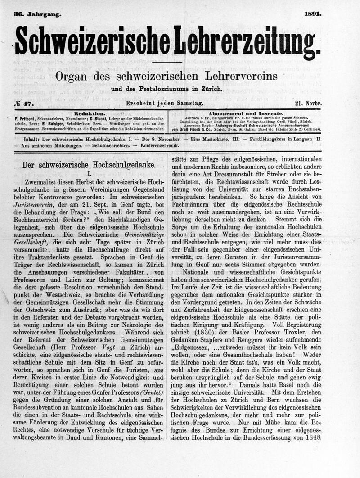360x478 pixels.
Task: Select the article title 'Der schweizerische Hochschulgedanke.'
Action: (x=89, y=165)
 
